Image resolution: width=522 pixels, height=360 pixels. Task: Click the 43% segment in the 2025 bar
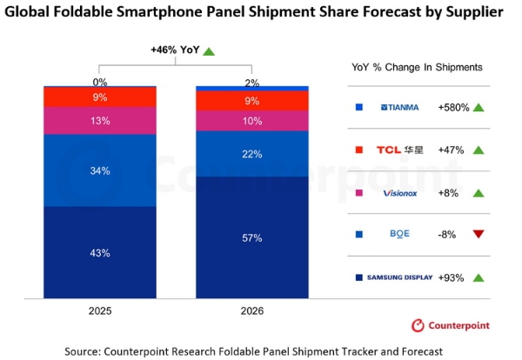(100, 252)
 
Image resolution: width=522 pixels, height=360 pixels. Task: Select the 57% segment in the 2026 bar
(252, 237)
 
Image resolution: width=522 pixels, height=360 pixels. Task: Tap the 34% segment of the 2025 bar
(100, 170)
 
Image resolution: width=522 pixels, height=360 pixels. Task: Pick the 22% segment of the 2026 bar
(252, 154)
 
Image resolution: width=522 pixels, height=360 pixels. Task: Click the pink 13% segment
(100, 121)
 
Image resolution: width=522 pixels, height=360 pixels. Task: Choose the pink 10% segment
(252, 121)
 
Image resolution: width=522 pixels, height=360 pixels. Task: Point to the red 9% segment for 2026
(252, 101)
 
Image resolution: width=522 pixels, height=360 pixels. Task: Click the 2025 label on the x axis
(100, 310)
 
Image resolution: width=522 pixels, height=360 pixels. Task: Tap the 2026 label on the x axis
(252, 310)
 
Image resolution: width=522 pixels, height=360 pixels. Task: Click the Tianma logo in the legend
(399, 108)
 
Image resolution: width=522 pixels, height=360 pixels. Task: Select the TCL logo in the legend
(400, 150)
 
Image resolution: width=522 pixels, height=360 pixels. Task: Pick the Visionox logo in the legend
(400, 193)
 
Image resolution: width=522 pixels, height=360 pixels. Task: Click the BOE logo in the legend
(399, 234)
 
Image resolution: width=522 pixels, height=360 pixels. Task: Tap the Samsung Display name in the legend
(399, 277)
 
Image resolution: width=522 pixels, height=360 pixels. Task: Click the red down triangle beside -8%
(478, 234)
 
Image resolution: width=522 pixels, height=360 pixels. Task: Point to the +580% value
(453, 108)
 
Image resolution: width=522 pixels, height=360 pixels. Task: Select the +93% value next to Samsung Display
(451, 277)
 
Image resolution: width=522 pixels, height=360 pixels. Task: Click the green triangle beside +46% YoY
(209, 51)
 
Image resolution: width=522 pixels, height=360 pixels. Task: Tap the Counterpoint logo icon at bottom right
(418, 325)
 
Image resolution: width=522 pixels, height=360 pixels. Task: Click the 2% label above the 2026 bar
(252, 83)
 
